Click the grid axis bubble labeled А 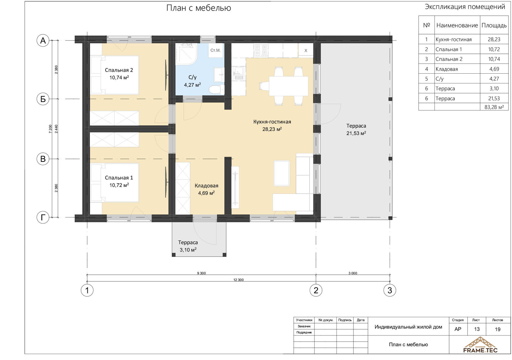(43, 40)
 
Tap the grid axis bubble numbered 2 (316, 290)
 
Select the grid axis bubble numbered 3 (390, 290)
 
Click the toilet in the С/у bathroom (217, 89)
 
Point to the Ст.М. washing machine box (215, 51)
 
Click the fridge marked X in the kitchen (306, 51)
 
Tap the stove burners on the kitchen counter (261, 50)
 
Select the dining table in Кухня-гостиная (288, 86)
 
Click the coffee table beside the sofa (282, 173)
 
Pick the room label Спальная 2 (119, 70)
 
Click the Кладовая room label (206, 186)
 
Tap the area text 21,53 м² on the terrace (356, 133)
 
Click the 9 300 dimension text (201, 273)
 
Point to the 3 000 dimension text (353, 273)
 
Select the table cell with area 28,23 (494, 39)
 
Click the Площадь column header (494, 25)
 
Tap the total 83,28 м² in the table (494, 107)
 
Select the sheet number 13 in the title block (477, 329)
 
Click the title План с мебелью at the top (198, 8)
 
